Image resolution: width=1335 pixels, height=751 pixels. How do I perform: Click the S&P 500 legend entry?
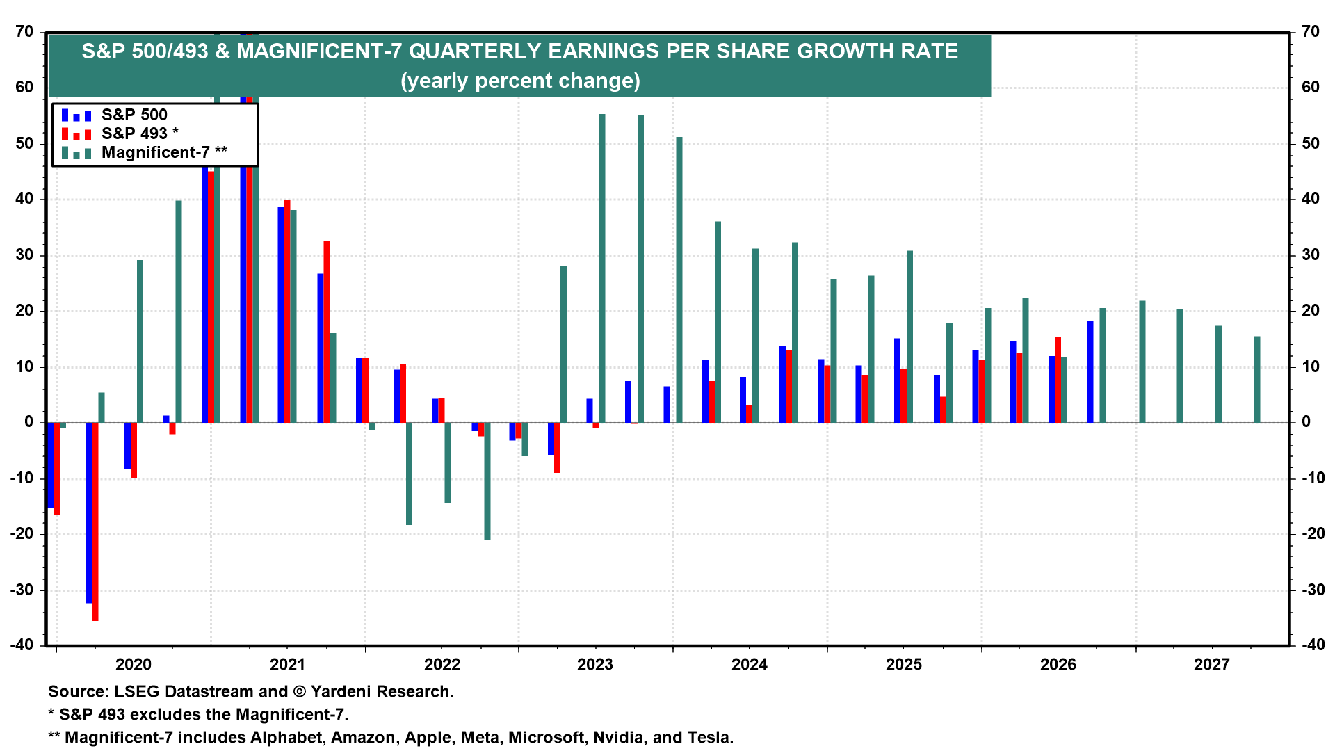tap(134, 115)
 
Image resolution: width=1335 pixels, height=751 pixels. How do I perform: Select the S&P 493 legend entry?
tap(139, 134)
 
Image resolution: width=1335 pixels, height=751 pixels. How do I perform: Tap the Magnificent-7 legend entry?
tap(164, 152)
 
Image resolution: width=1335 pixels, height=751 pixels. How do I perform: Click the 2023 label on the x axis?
tap(595, 665)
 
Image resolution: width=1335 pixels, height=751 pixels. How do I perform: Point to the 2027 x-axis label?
tap(1211, 665)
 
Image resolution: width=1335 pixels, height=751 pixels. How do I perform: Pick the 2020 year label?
tap(133, 665)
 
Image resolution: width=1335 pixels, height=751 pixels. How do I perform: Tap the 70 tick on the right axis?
tap(1311, 32)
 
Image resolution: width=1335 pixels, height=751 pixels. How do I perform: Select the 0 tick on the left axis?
tap(29, 422)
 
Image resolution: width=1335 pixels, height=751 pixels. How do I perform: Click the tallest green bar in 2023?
tap(602, 268)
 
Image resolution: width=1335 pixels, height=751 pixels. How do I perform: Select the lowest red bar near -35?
tap(95, 522)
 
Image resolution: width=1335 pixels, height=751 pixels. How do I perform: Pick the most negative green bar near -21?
tap(487, 481)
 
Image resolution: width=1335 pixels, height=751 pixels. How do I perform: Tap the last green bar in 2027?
tap(1257, 380)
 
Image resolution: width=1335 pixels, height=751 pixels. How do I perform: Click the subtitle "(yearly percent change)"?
tap(520, 81)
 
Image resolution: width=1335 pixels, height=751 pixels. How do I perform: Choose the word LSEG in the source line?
tap(136, 692)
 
